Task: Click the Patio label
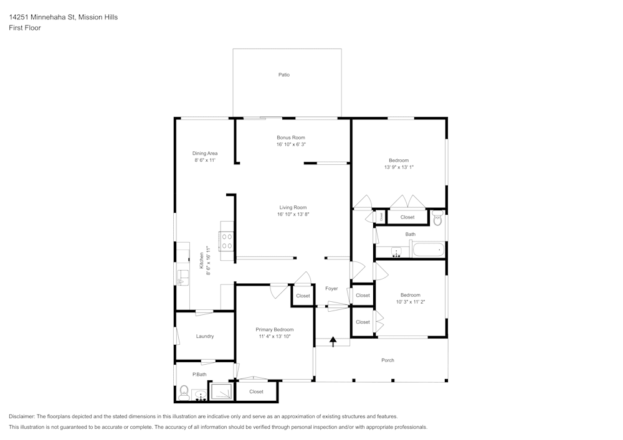click(283, 75)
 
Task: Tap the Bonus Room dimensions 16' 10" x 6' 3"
click(291, 144)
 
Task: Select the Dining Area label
click(204, 154)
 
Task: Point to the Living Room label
click(293, 207)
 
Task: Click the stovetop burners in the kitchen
click(227, 241)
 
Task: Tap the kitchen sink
click(183, 277)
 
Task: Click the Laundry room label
click(204, 337)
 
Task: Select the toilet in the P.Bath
click(184, 393)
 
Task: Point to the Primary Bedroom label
click(275, 330)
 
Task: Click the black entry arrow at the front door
click(333, 341)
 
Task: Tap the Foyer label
click(331, 288)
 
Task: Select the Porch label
click(388, 360)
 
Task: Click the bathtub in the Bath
click(429, 250)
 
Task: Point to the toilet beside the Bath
click(437, 218)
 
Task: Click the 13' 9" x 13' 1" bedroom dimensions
click(399, 167)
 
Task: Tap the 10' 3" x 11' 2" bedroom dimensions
click(411, 302)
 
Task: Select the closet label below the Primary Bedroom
click(256, 391)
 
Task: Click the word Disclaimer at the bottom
click(21, 416)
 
